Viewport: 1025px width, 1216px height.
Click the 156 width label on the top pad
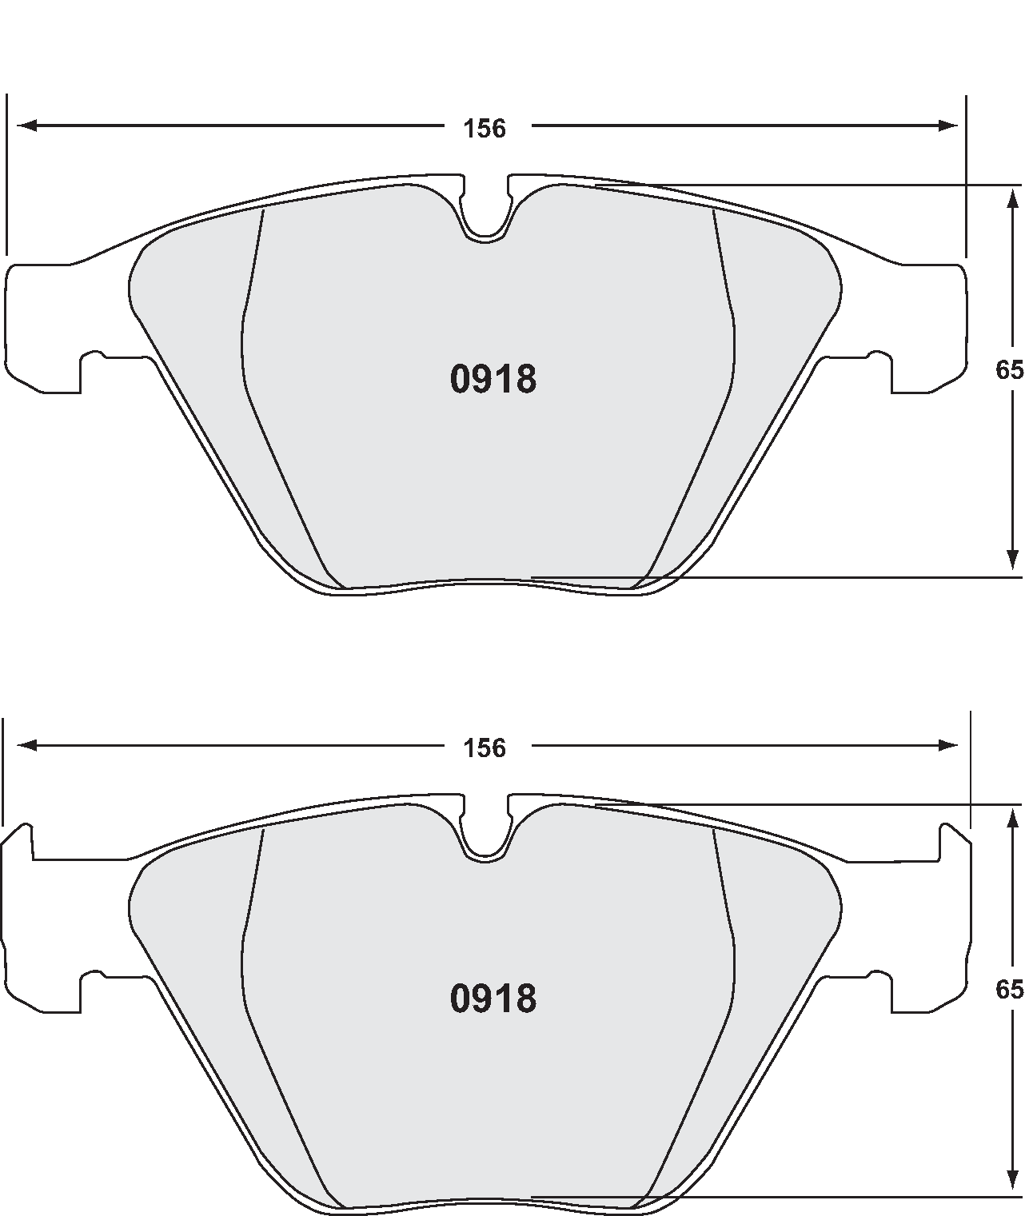[x=485, y=128]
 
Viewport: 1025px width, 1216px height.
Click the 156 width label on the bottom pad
[x=485, y=748]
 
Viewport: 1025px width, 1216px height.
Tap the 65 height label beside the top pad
[x=1009, y=370]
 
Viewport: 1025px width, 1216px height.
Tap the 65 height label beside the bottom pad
[x=1009, y=990]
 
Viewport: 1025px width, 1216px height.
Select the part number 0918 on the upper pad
[x=493, y=380]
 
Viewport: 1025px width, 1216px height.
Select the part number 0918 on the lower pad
[x=493, y=999]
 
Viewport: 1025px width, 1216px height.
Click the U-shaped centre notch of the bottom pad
[x=485, y=835]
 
